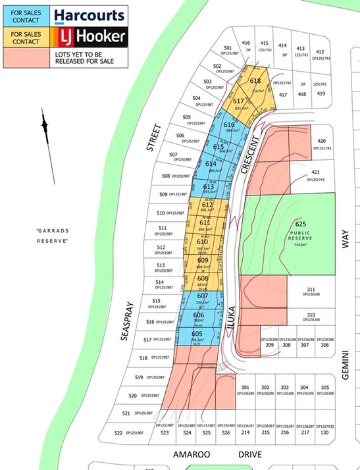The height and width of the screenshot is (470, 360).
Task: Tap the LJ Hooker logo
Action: (x=88, y=37)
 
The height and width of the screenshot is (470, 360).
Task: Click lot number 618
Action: (x=255, y=81)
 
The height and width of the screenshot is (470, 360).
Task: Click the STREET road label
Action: (x=154, y=138)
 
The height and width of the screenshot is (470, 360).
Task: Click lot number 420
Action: (x=321, y=142)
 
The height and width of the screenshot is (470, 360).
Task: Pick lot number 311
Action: (x=311, y=289)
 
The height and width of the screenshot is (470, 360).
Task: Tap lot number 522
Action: (x=118, y=432)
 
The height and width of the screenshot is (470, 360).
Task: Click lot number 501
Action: (x=228, y=48)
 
